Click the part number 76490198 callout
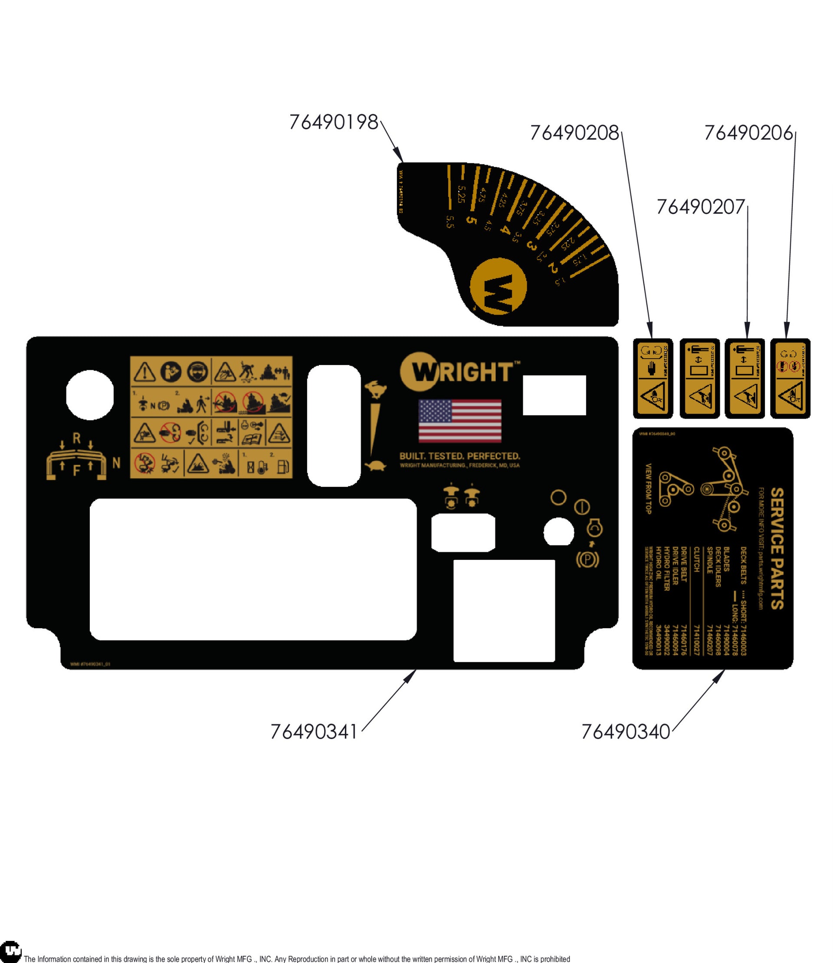click(x=334, y=122)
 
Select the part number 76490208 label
click(x=574, y=133)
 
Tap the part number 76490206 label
click(x=748, y=133)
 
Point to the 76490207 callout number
click(x=700, y=207)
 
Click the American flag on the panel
click(x=459, y=421)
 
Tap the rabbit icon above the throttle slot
click(x=375, y=389)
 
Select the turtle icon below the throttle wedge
click(x=375, y=465)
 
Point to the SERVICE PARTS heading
click(x=777, y=548)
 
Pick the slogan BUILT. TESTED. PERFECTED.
click(x=459, y=456)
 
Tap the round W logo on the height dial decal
click(x=498, y=286)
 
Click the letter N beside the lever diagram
click(x=116, y=463)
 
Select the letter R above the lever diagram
click(x=77, y=438)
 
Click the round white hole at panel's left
click(x=90, y=395)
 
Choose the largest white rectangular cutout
click(x=253, y=569)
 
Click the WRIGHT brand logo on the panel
click(x=459, y=372)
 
